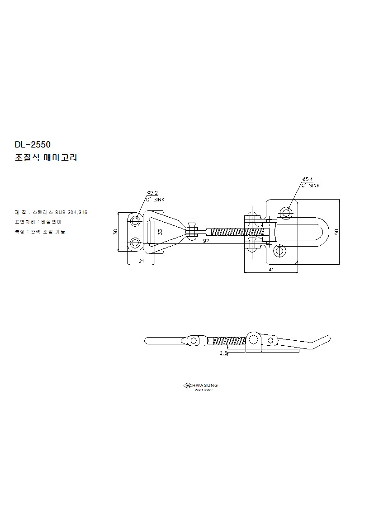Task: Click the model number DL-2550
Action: coord(33,145)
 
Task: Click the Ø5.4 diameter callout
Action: coord(308,180)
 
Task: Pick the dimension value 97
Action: coord(206,241)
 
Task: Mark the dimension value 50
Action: coord(336,231)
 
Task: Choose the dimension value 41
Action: coord(271,269)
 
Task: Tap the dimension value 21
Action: coord(141,261)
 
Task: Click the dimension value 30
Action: coord(116,231)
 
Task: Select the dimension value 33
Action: coord(160,231)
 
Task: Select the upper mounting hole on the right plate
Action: coord(286,212)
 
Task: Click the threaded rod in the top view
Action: coord(235,232)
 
